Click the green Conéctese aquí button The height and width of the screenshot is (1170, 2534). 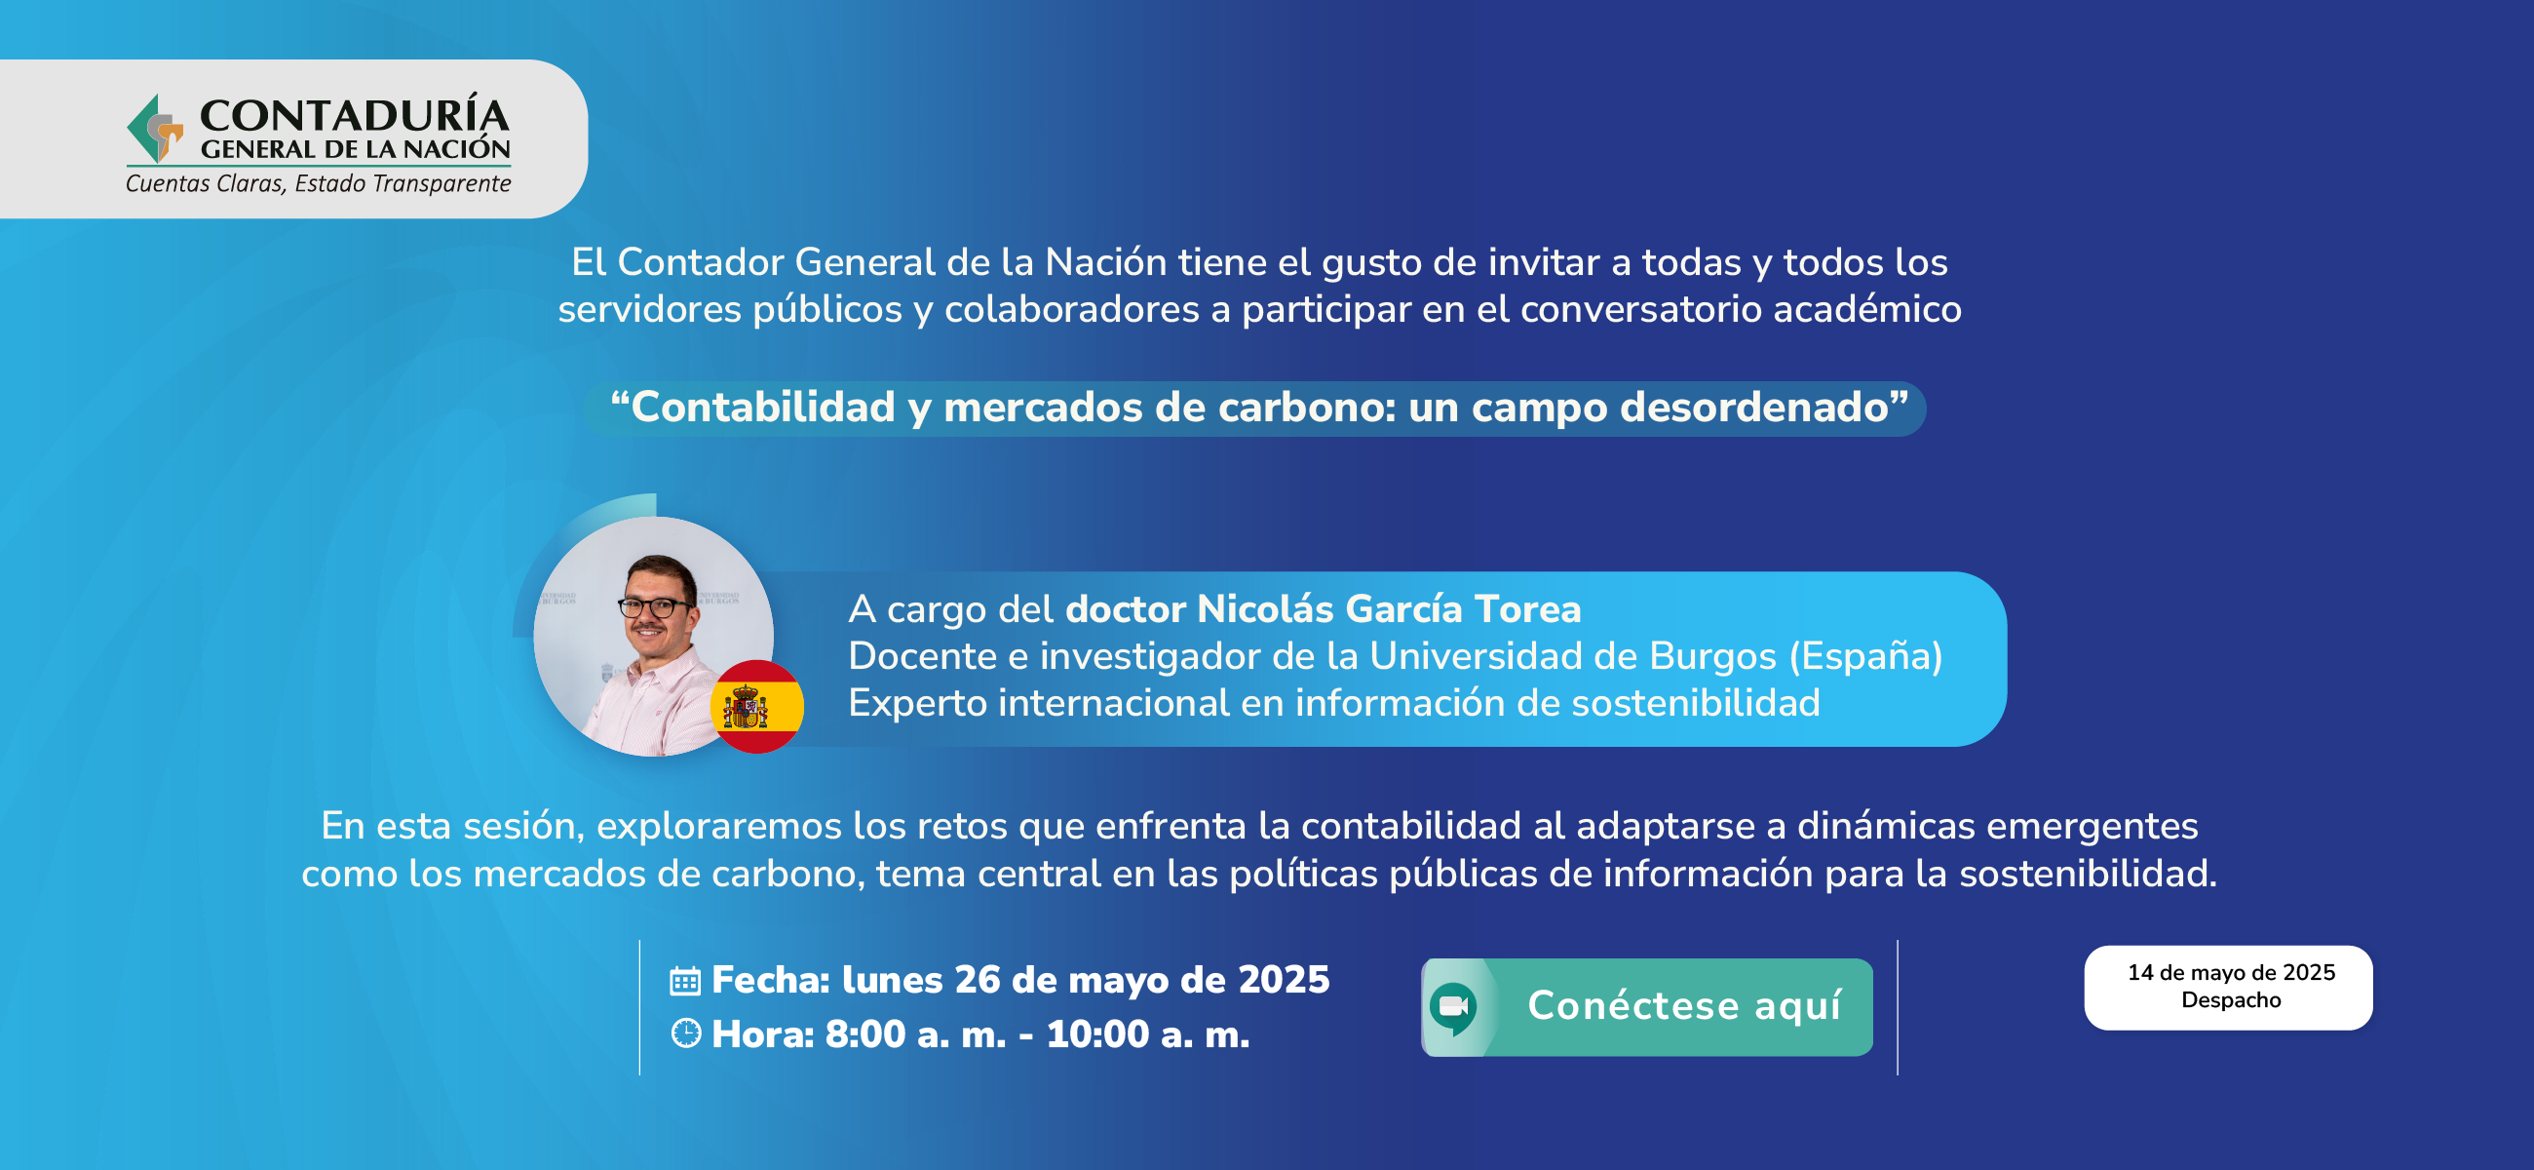1647,1006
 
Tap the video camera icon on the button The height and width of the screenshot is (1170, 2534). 1453,1006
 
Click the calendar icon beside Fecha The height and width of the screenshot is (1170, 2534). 684,981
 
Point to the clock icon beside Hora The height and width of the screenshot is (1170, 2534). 685,1033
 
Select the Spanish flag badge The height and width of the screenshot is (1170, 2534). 756,707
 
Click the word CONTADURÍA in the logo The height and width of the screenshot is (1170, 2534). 355,115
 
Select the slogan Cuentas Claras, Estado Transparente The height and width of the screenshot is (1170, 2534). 318,184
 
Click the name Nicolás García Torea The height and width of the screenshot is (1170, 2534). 1389,609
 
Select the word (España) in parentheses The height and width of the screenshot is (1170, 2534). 1866,656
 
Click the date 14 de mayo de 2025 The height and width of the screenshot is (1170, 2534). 2231,972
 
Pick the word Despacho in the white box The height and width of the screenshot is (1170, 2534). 2231,999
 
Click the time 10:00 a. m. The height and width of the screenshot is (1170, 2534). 1148,1034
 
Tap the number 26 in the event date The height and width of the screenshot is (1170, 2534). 977,980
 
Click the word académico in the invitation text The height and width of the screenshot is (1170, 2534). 1867,309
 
